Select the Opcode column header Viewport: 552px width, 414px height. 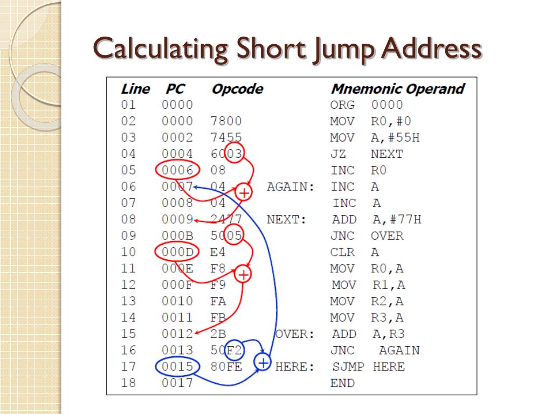[x=237, y=89]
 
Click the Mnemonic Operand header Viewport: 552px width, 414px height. [x=397, y=89]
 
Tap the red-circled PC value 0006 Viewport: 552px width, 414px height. [x=177, y=170]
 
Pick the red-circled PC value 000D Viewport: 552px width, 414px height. [x=177, y=252]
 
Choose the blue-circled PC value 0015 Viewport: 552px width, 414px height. [x=177, y=367]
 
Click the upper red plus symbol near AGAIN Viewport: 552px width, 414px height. [x=244, y=192]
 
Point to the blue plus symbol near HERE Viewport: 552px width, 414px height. [x=263, y=362]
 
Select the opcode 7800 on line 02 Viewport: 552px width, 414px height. [x=226, y=121]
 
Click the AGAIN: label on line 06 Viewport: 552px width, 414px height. [x=291, y=187]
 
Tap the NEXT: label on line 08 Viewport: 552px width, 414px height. [x=286, y=219]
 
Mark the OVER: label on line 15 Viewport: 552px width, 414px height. [x=294, y=334]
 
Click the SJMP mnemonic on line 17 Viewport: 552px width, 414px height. [x=348, y=367]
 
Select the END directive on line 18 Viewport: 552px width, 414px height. [x=342, y=383]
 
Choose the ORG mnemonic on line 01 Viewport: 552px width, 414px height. [x=342, y=105]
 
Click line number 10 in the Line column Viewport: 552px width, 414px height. [x=129, y=252]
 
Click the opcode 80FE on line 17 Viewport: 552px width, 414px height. [x=226, y=367]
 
